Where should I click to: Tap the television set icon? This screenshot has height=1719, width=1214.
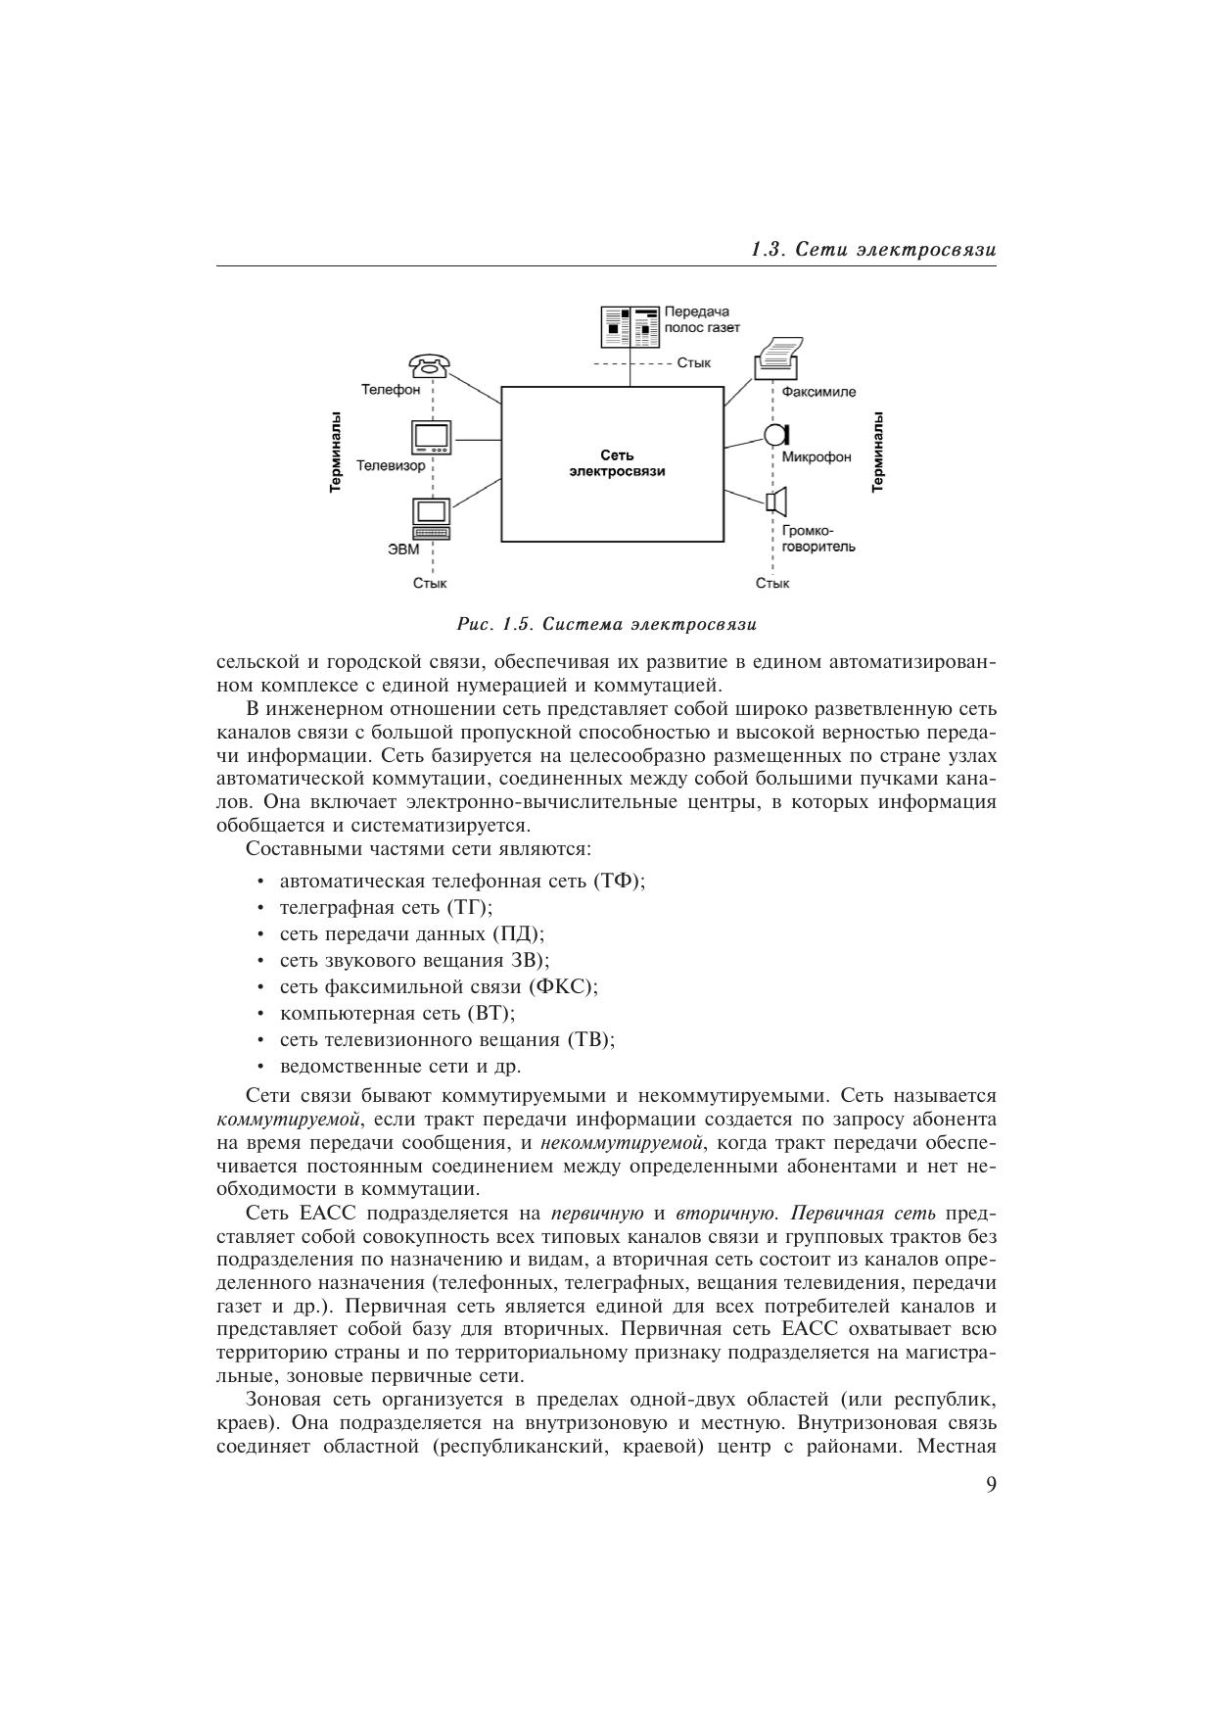(432, 438)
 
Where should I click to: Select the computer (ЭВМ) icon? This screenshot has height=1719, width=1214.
(432, 518)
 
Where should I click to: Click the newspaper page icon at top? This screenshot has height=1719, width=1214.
(630, 327)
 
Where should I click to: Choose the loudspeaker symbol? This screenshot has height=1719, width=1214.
(776, 502)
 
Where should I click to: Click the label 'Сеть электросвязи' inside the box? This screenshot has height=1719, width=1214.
(616, 463)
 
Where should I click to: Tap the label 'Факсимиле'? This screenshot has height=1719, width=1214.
(818, 392)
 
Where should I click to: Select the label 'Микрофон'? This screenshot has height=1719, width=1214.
(817, 457)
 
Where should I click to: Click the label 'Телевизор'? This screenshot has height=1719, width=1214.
(391, 466)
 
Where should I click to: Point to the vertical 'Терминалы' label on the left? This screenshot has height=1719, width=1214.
(336, 452)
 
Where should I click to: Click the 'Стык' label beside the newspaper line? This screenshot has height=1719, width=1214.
(693, 363)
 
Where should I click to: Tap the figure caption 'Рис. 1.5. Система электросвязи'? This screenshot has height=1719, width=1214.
(607, 624)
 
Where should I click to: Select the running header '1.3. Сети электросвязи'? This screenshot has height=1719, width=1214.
(873, 250)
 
